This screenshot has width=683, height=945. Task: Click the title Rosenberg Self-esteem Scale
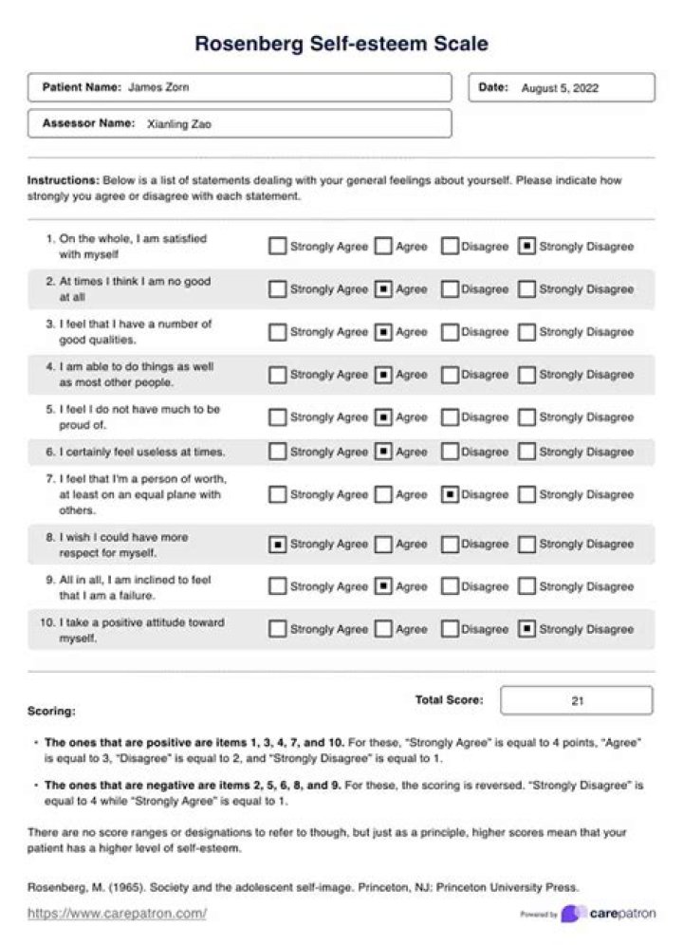point(341,44)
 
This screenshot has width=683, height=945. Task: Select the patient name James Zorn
point(158,87)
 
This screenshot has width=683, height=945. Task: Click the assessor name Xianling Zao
point(179,123)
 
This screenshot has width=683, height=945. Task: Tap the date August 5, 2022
point(560,88)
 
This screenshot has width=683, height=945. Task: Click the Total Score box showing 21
point(576,701)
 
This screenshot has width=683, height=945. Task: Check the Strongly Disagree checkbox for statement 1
point(526,247)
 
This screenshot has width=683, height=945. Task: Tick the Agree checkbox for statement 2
point(383,289)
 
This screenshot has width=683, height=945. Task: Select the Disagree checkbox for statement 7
point(451,494)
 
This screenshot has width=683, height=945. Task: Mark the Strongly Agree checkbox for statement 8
point(277,545)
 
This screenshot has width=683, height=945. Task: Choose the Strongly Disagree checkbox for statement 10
point(526,629)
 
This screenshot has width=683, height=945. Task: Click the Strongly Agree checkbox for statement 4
point(277,375)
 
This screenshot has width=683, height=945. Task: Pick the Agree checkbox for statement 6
point(383,452)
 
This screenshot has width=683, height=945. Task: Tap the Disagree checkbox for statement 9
point(451,586)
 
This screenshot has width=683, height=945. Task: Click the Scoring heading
point(51,711)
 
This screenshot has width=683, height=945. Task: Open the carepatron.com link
point(117,914)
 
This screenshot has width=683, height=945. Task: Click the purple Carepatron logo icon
point(572,914)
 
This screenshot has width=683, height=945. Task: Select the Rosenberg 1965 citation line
point(303,888)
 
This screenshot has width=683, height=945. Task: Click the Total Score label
point(449,700)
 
